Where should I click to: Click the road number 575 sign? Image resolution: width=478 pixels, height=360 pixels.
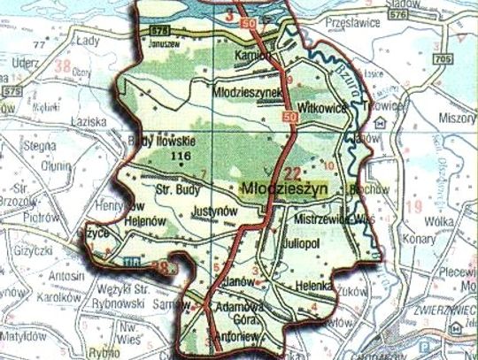(x=12, y=90)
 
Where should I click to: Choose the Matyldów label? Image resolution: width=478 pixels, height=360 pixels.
(x=24, y=336)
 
